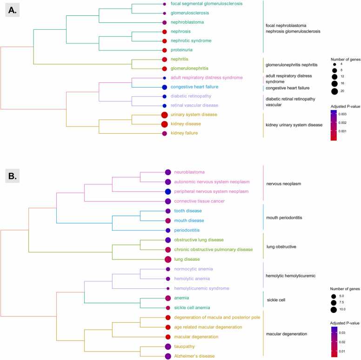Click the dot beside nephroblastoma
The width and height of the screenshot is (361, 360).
point(164,22)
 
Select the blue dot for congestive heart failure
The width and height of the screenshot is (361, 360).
point(164,87)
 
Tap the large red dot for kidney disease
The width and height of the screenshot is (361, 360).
point(164,124)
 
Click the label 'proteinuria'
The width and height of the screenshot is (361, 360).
point(181,50)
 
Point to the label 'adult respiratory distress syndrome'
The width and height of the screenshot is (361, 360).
point(207,77)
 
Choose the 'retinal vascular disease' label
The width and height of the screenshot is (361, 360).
point(194,105)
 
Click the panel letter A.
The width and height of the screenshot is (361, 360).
point(13,10)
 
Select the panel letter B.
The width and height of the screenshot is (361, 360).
point(13,176)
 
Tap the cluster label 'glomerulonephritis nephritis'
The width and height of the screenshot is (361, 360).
point(292,65)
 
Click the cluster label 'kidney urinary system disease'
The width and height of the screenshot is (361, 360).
point(294,125)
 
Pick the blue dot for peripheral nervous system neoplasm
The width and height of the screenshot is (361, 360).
point(168,191)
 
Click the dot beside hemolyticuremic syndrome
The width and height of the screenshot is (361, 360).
point(168,288)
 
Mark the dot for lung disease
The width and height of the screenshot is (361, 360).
point(168,259)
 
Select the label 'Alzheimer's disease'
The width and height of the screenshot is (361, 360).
point(194,356)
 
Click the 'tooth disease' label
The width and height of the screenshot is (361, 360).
point(188,211)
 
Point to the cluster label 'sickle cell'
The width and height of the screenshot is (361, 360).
point(276,300)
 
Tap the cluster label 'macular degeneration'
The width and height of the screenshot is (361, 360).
point(287,334)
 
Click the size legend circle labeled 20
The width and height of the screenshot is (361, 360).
point(334,91)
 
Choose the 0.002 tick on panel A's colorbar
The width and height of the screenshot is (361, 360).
point(342,122)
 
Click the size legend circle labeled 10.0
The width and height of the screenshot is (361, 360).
point(334,310)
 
